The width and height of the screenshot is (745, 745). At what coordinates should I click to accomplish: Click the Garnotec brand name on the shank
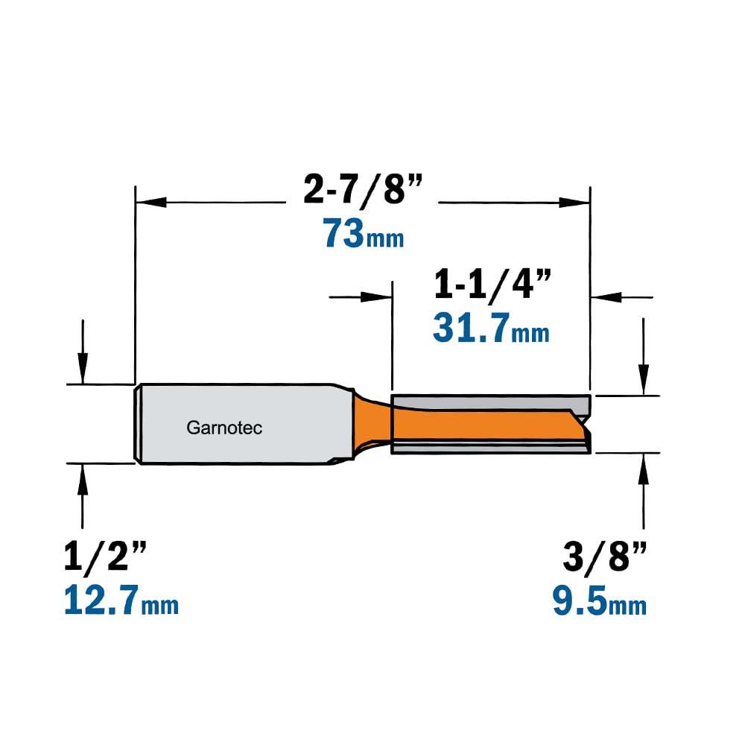224,428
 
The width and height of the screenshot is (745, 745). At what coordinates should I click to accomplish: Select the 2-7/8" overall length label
363,189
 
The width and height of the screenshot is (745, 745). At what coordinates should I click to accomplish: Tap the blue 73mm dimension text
364,233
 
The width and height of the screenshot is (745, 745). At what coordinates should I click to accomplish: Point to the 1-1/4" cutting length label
492,284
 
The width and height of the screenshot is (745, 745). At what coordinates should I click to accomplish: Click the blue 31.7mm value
491,328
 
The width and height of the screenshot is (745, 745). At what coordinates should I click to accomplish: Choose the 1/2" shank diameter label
105,556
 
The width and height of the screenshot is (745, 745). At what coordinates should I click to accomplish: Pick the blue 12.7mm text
121,600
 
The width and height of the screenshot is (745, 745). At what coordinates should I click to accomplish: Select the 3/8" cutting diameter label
604,556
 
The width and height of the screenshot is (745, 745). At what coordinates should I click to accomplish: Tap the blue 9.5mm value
600,600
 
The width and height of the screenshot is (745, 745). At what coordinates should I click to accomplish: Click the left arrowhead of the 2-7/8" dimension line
151,203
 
